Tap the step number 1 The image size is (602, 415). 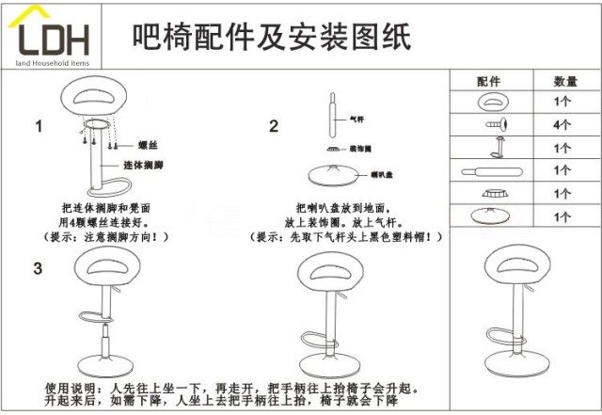coord(39,126)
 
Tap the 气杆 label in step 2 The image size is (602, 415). coord(356,120)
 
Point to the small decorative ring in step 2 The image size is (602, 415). coord(332,149)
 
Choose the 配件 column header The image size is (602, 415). coord(490,82)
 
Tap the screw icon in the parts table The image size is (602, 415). coord(496,123)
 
